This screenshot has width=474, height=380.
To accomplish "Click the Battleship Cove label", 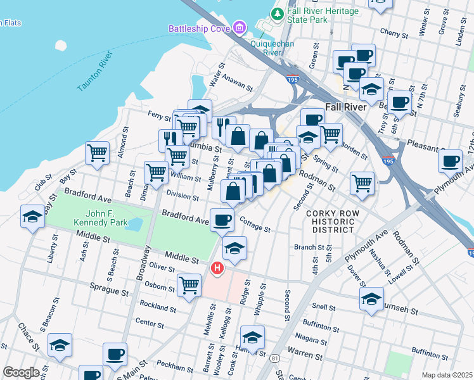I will tap(199, 28).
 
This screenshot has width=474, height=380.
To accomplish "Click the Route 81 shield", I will tap(274, 358).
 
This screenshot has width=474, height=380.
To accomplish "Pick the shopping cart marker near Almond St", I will tap(97, 152).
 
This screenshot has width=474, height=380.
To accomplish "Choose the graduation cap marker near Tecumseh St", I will tap(371, 299).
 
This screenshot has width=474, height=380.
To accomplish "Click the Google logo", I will tap(21, 372).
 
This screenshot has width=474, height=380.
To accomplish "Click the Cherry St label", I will tap(392, 32).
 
